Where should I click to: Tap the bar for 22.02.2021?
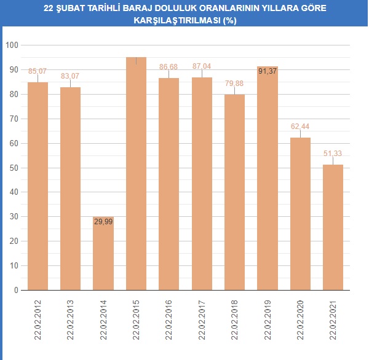coord(333,227)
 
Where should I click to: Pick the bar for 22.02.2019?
coord(268,178)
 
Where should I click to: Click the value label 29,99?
coord(103,221)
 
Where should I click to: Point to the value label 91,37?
coord(268,71)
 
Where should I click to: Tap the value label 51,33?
coord(333,153)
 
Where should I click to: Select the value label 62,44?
coord(300,126)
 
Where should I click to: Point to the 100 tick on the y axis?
coord(12,45)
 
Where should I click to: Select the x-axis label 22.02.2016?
coord(169,317)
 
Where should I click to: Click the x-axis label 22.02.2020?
coord(301,317)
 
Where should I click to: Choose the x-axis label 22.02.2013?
coord(71,317)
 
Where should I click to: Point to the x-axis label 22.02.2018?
coord(235,317)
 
